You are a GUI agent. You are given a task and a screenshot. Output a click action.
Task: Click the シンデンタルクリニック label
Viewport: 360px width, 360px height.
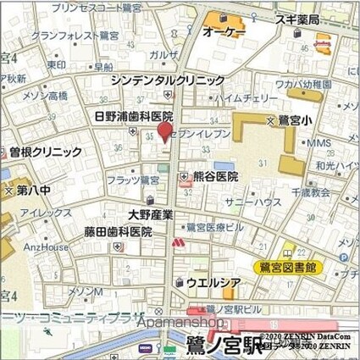click(168, 80)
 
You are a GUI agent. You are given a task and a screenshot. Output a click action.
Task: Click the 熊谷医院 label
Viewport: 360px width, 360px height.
click(215, 177)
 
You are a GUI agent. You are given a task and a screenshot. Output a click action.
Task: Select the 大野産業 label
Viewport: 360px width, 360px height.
click(151, 214)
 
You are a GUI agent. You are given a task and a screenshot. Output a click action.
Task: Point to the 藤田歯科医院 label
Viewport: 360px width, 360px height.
click(117, 231)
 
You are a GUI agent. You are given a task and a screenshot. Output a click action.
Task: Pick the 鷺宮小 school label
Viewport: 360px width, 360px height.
click(299, 122)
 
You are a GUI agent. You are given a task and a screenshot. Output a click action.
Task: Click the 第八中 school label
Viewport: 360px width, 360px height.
click(34, 191)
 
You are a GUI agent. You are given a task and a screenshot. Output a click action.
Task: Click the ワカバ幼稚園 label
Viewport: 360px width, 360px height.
click(302, 85)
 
